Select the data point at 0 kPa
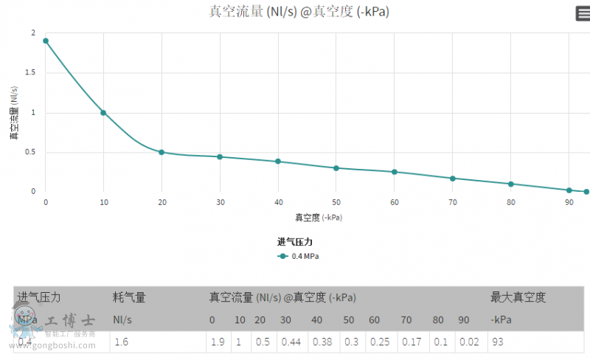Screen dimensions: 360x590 [x=46, y=41]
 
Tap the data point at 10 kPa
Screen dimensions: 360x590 [x=103, y=113]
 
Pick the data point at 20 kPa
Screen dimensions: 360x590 [x=162, y=152]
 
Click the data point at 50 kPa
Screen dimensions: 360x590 [x=336, y=168]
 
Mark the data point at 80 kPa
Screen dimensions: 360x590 [x=510, y=184]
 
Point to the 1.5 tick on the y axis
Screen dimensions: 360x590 [x=32, y=73]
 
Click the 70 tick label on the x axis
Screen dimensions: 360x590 [x=452, y=202]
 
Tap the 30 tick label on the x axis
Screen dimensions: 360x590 [x=220, y=202]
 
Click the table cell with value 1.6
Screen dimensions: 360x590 [x=122, y=342]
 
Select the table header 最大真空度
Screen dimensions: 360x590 [x=518, y=298]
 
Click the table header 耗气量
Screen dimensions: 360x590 [x=129, y=298]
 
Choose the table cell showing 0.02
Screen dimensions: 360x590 [x=465, y=342]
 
